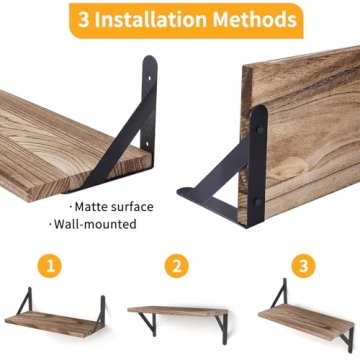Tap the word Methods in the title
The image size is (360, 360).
[x=258, y=19]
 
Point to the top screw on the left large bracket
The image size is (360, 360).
[x=151, y=73]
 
